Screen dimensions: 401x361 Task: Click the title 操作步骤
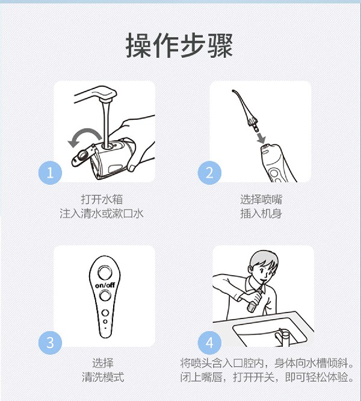pos(179,46)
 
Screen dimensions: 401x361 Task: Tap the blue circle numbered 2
pos(210,173)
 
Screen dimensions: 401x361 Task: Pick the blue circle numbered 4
pos(210,343)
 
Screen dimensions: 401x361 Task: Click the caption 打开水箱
pos(102,199)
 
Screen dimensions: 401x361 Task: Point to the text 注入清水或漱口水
pos(102,214)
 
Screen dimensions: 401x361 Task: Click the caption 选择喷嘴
pos(261,199)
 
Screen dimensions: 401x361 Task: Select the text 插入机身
pos(261,214)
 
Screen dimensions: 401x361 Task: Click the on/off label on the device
pos(105,284)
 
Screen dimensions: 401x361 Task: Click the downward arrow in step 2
pos(261,139)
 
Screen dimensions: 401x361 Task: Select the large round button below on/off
pos(105,296)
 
